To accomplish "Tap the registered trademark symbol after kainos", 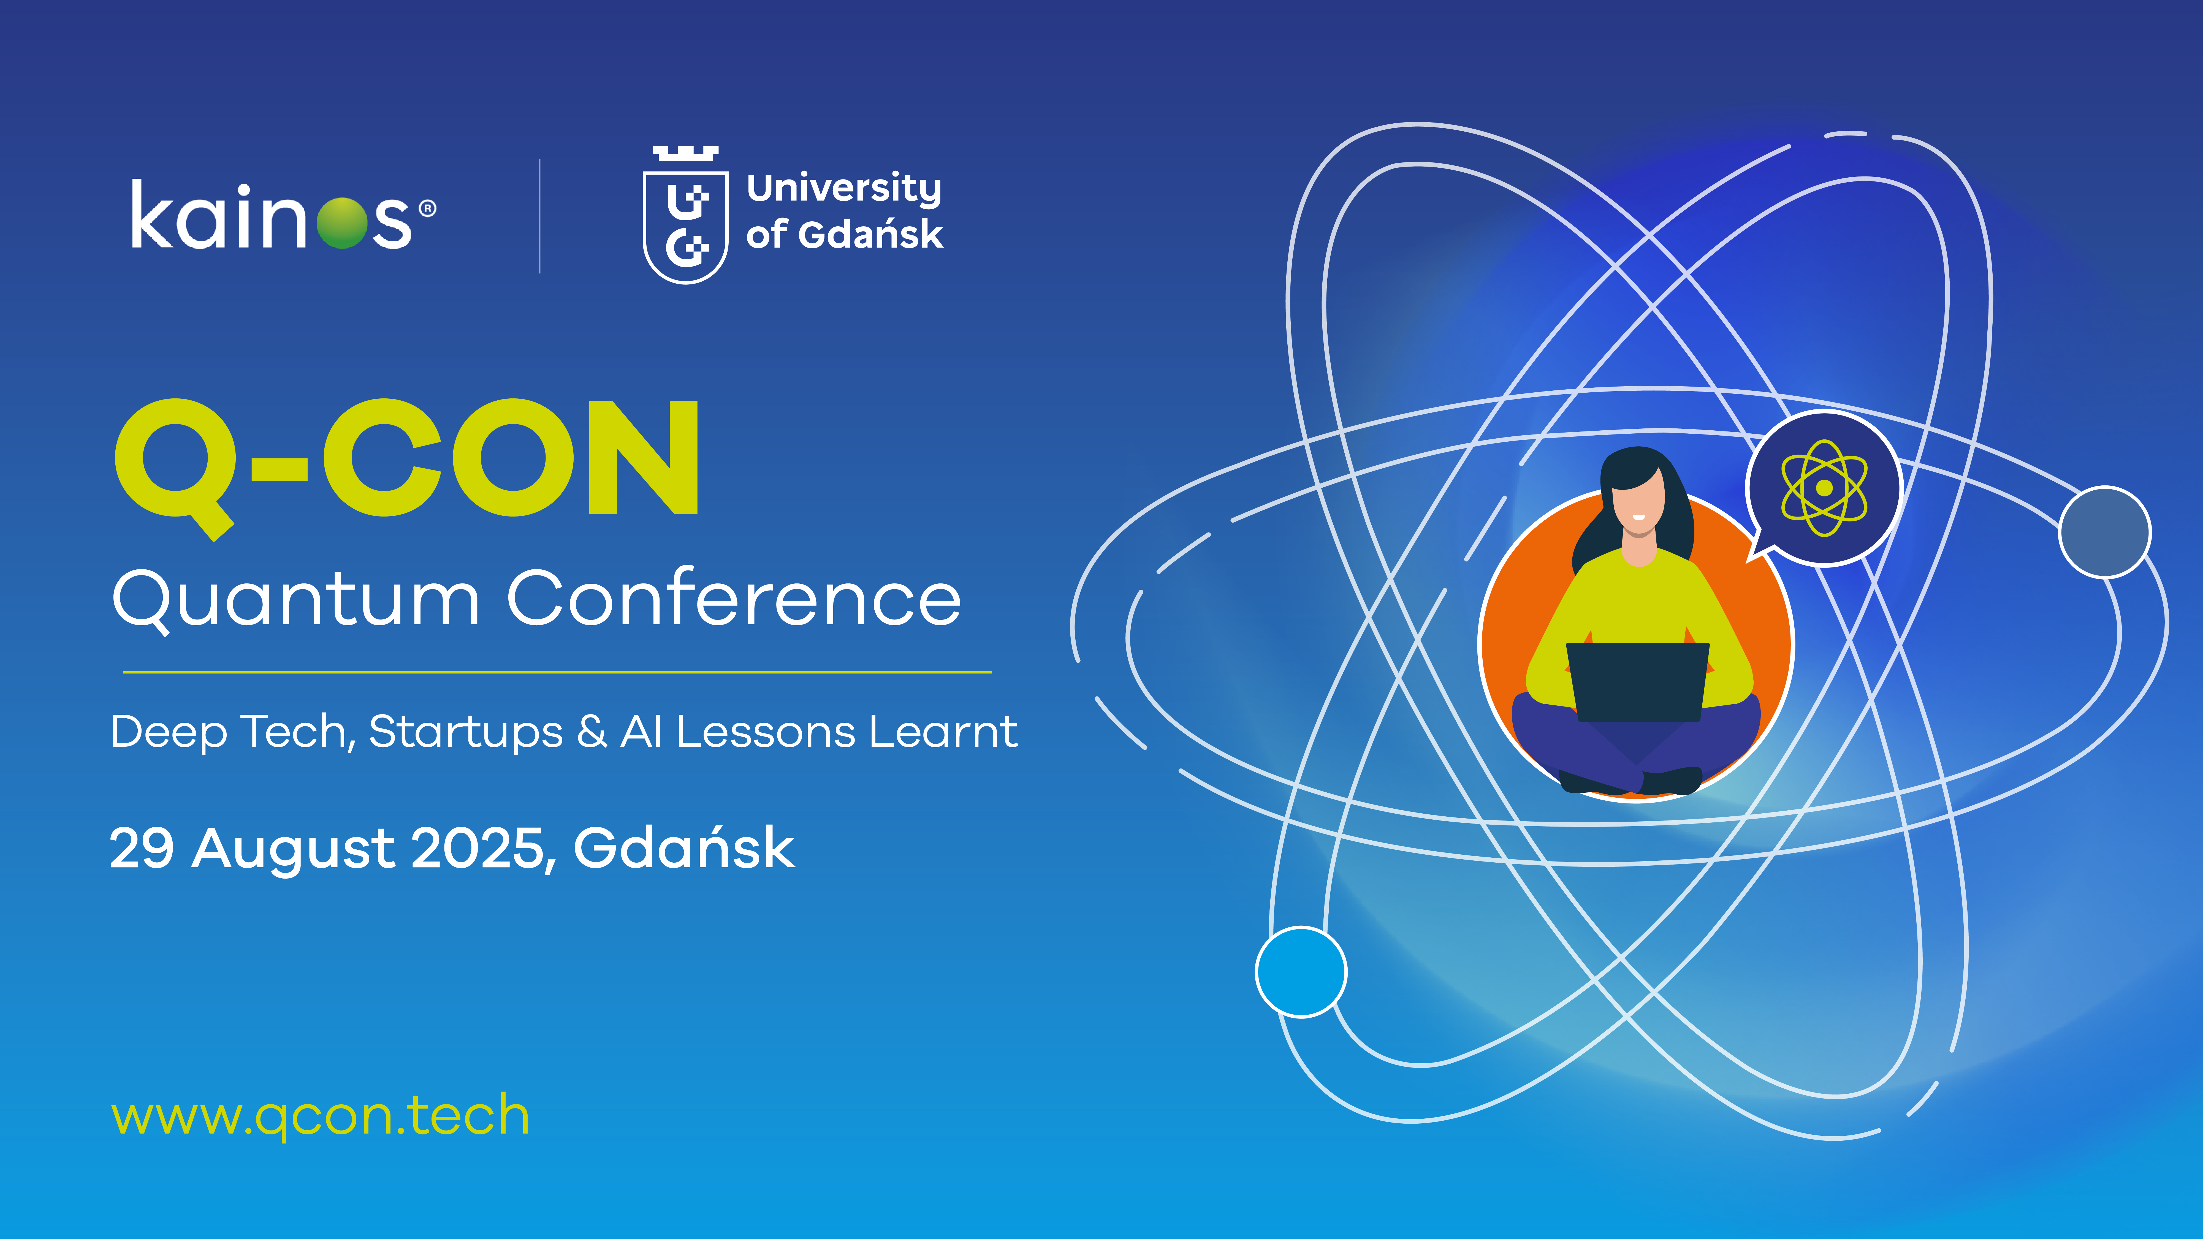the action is (428, 209).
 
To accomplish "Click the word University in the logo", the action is (844, 189).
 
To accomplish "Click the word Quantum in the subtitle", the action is (296, 600).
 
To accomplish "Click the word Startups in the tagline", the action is (466, 734).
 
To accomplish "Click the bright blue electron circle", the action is (1301, 972).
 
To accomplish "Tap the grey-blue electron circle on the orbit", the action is (2105, 532).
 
